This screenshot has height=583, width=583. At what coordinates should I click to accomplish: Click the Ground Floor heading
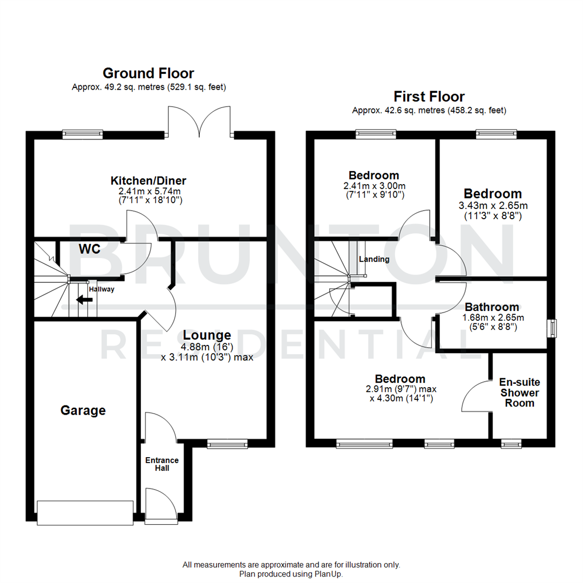point(148,73)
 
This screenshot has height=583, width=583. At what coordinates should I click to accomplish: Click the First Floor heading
point(429,97)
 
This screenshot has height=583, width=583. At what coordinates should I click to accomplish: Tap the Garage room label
point(83,411)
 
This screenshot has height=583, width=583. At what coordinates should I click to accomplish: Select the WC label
point(89,249)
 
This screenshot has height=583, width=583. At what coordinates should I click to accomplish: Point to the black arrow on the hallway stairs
point(83,300)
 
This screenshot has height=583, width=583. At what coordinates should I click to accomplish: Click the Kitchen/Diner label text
point(148,180)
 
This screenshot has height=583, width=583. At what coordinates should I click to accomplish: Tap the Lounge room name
point(207,335)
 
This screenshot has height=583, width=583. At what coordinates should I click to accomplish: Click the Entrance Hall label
point(162,464)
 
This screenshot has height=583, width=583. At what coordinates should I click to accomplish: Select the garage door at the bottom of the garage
point(85,512)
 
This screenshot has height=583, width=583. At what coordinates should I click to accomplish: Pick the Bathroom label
point(492,307)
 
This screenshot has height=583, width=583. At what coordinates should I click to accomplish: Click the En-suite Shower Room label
point(519,392)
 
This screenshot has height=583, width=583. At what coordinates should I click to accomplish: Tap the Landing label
point(374,259)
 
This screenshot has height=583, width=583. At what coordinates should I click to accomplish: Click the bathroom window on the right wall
point(553,328)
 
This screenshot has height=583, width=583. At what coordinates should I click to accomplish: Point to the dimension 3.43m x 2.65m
point(492,206)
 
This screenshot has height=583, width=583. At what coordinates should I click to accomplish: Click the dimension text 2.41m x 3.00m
point(374,185)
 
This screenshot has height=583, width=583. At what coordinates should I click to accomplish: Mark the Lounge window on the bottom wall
point(227,444)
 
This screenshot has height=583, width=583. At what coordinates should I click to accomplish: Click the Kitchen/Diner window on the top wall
point(83,134)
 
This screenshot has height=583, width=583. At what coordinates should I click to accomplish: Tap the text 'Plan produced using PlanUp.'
point(291,574)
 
